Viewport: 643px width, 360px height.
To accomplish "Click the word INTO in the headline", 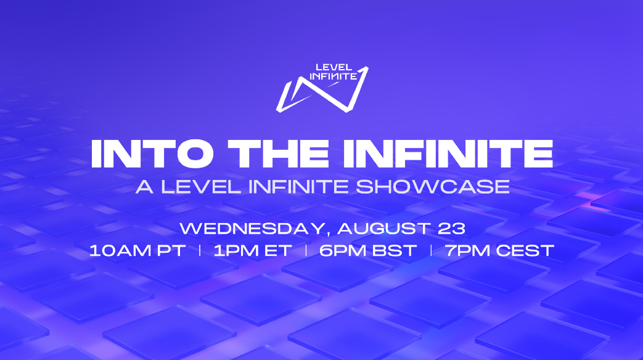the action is [152, 153].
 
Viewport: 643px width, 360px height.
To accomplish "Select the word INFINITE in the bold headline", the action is [448, 153].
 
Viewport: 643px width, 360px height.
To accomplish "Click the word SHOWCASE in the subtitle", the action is [433, 187].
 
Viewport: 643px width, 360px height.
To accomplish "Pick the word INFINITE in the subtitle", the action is [298, 187].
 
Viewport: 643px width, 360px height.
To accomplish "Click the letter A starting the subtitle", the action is [144, 187].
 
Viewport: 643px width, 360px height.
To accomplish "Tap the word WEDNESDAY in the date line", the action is [252, 229].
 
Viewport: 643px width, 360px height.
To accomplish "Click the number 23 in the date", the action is [451, 229].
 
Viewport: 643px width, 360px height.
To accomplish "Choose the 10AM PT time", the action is [137, 250].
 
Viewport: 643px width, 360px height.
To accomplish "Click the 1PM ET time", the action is [253, 250].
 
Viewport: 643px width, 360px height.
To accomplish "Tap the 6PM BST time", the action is [368, 250].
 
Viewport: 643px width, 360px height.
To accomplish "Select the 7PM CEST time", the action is [499, 250].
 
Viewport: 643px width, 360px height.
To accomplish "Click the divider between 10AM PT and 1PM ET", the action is [200, 250].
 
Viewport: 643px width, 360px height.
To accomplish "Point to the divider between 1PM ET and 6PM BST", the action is [306, 250].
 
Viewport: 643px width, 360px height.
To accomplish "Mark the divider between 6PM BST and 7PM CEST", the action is [431, 250].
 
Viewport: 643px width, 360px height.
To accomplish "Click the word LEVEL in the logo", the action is [334, 67].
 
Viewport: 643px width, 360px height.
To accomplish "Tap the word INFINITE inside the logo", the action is [333, 76].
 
